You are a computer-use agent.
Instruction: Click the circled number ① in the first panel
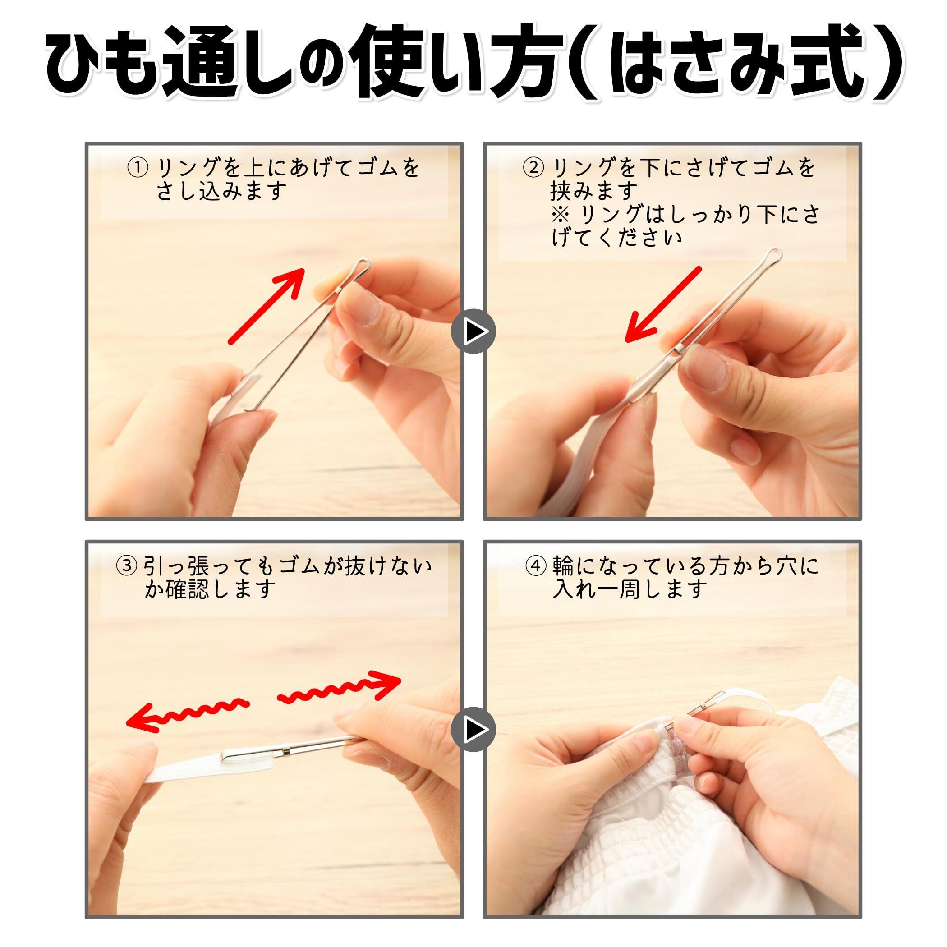coord(137,168)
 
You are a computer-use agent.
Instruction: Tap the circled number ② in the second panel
coord(534,168)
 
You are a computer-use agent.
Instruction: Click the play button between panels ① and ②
coord(473,331)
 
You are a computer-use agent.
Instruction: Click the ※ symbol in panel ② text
coord(560,215)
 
